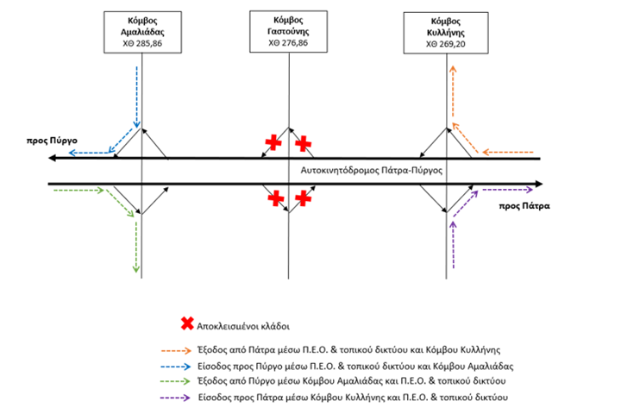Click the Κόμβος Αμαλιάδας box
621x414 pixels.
(x=142, y=32)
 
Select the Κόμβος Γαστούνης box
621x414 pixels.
(x=288, y=32)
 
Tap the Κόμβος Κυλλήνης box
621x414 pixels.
(x=446, y=33)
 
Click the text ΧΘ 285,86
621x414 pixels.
(x=142, y=43)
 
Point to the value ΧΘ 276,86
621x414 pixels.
(x=288, y=43)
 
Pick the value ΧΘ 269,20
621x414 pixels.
(x=446, y=44)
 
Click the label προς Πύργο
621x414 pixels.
(x=52, y=141)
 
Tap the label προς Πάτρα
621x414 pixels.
(x=524, y=206)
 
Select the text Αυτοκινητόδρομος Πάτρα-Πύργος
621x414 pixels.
(x=372, y=171)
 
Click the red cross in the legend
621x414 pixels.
(x=187, y=323)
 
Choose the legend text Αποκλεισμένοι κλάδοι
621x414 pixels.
(x=243, y=326)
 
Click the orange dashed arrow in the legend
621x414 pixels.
(x=176, y=351)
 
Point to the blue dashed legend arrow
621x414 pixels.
(x=176, y=367)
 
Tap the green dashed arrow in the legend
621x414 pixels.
(x=175, y=381)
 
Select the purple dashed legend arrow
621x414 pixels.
(x=175, y=398)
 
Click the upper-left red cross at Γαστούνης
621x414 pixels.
(x=273, y=142)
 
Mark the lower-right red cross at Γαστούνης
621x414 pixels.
(x=303, y=198)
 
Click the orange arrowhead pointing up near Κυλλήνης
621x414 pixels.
(x=453, y=69)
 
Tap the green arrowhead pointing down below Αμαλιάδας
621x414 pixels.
(x=136, y=269)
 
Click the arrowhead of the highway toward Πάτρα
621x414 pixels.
(x=538, y=184)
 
